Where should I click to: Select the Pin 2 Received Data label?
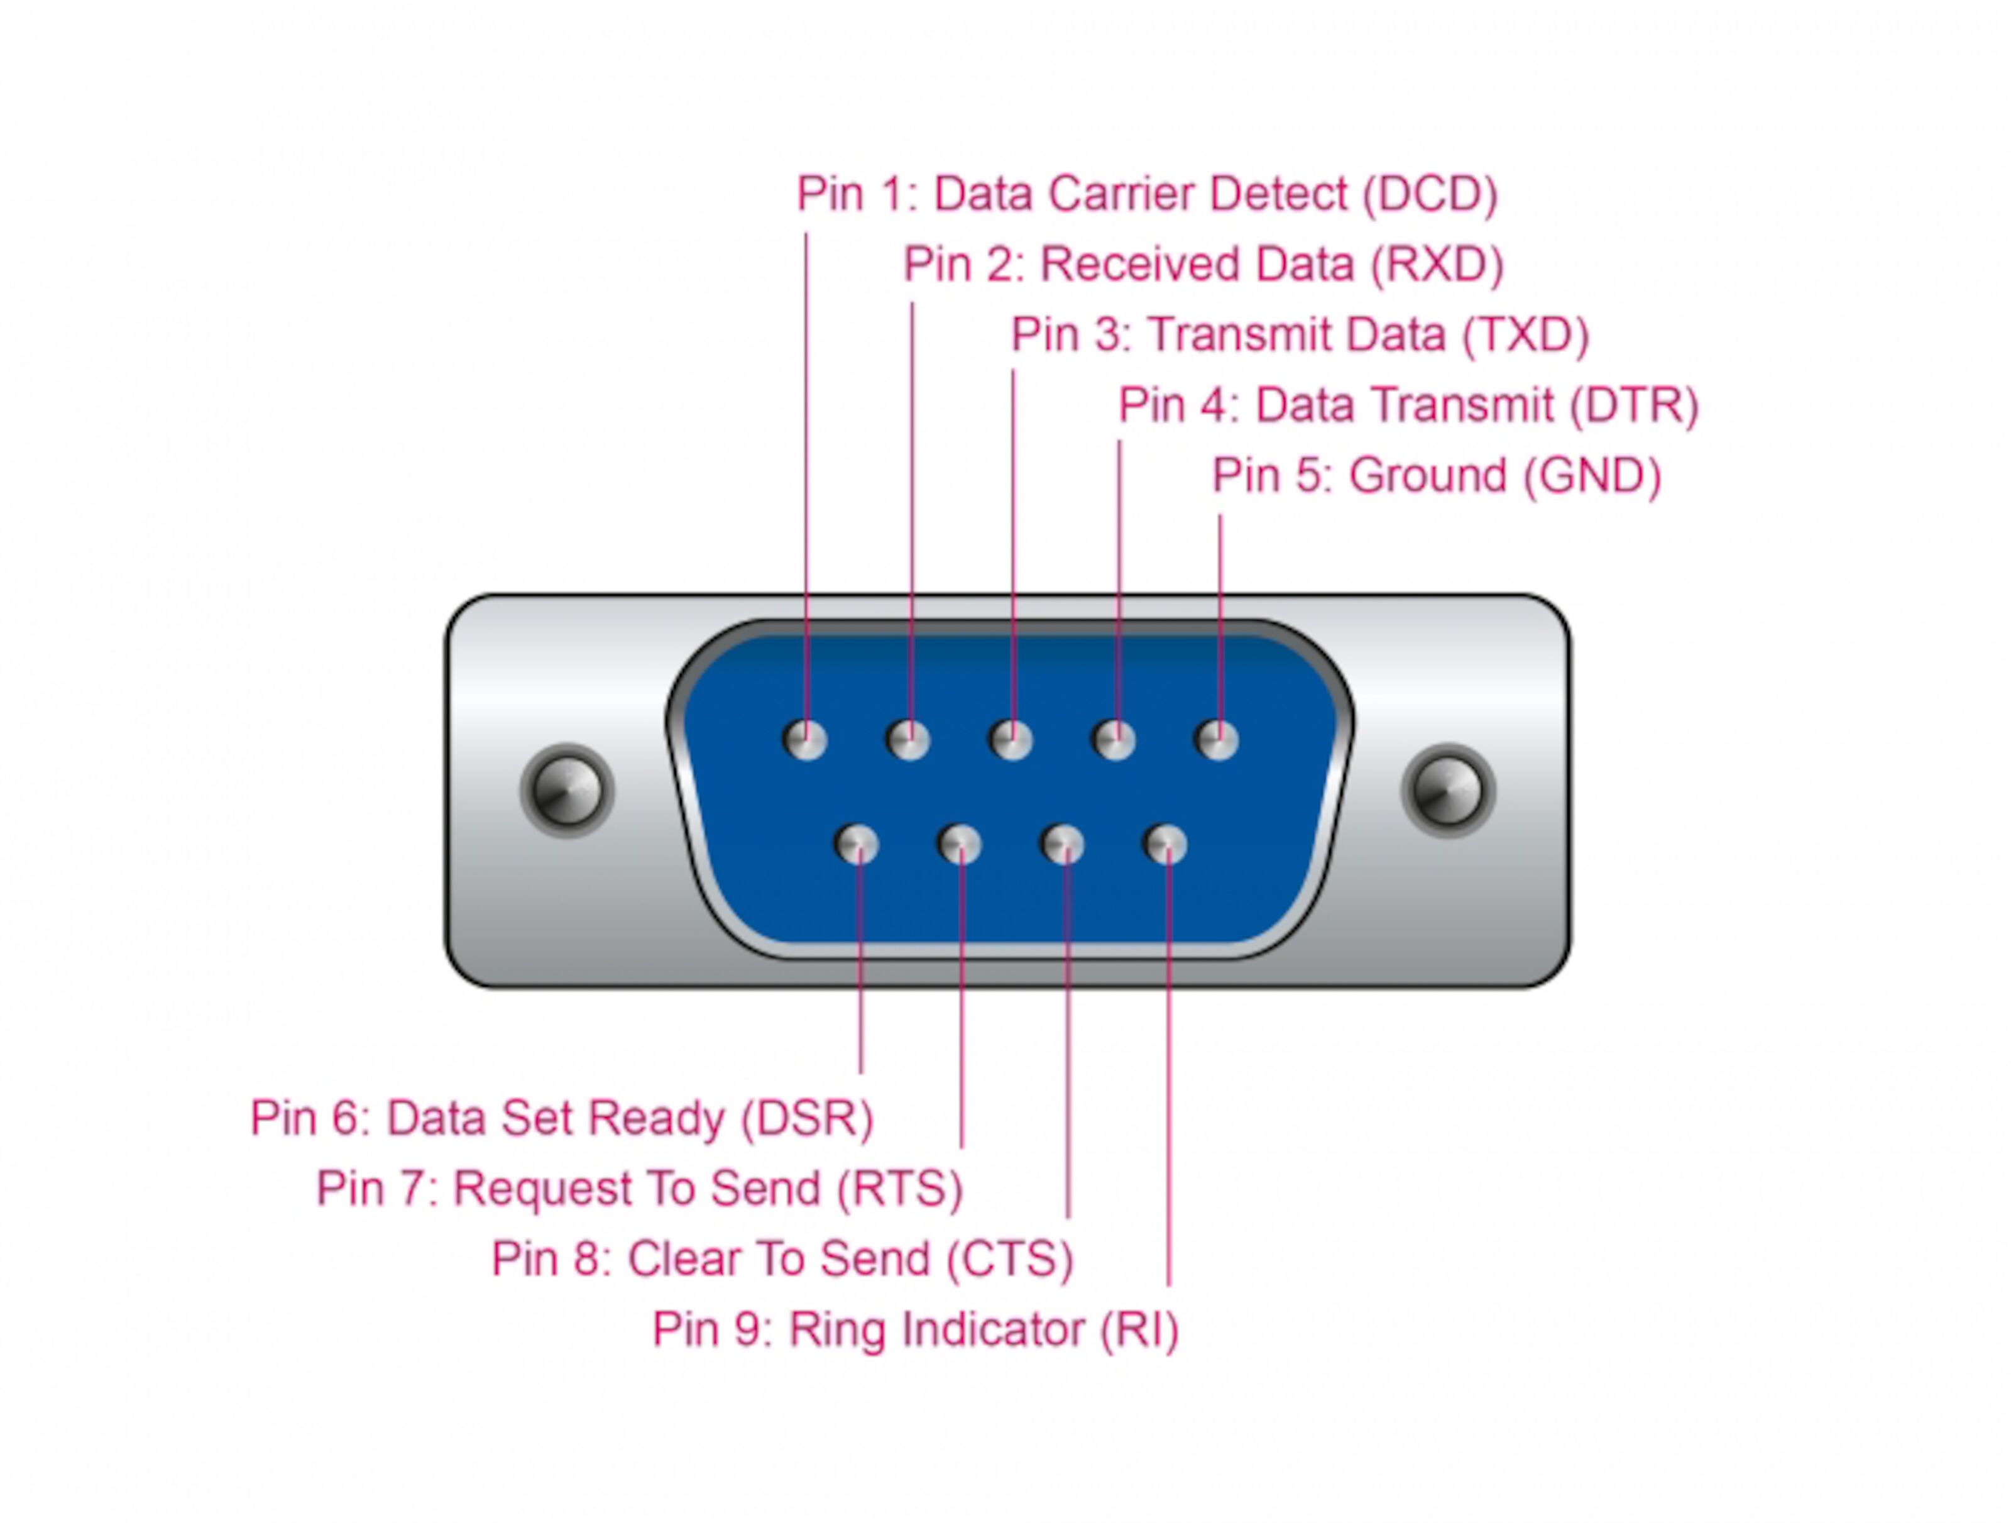[1203, 265]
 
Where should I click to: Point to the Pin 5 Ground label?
[1437, 476]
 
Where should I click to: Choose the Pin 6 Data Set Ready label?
[562, 1118]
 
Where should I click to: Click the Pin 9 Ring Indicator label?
[914, 1329]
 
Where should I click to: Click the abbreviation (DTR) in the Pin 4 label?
[1635, 405]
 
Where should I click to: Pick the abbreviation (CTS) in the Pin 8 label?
[1010, 1259]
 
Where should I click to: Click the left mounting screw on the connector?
[567, 790]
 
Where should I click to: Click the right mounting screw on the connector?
[1449, 790]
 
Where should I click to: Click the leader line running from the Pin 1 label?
[806, 454]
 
